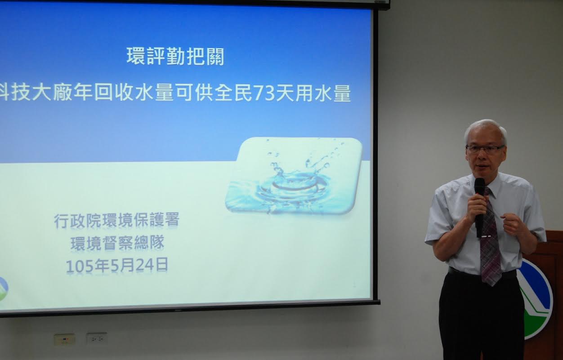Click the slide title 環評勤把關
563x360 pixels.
click(x=175, y=56)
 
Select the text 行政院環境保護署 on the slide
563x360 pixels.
click(x=116, y=220)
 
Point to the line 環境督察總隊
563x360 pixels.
click(x=117, y=243)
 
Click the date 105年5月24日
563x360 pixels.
click(x=117, y=266)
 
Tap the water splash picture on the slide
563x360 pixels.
click(x=294, y=176)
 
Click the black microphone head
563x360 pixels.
click(x=479, y=187)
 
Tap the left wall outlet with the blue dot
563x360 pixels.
click(x=65, y=340)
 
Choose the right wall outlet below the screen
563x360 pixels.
click(x=97, y=339)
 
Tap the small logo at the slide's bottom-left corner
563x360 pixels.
click(x=4, y=289)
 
